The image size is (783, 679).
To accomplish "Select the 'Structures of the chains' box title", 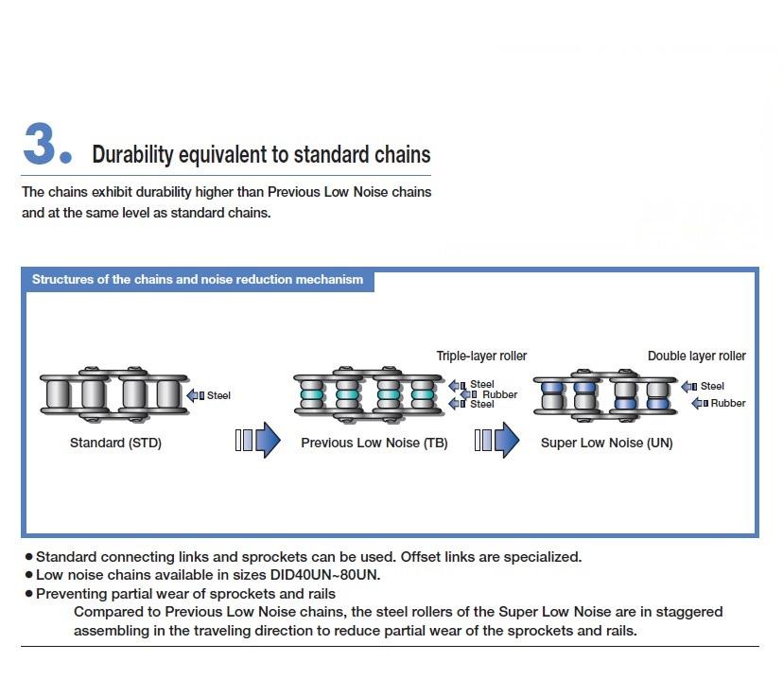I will click(x=198, y=280).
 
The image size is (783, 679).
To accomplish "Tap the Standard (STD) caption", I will click(x=115, y=443).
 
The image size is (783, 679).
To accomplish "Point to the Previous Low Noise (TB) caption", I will click(x=374, y=443).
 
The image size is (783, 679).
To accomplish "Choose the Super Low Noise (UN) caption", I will click(x=607, y=443).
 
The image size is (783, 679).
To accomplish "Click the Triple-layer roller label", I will click(x=481, y=357).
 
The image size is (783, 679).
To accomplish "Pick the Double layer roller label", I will click(x=696, y=357).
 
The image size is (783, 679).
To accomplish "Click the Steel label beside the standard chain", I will click(x=218, y=395).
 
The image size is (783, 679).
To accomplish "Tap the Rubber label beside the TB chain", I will click(x=499, y=394).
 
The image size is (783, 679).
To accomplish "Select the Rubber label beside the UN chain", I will click(x=728, y=404).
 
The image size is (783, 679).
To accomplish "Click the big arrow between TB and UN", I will click(x=497, y=441).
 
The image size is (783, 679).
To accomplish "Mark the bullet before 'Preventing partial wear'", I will click(x=28, y=594).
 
